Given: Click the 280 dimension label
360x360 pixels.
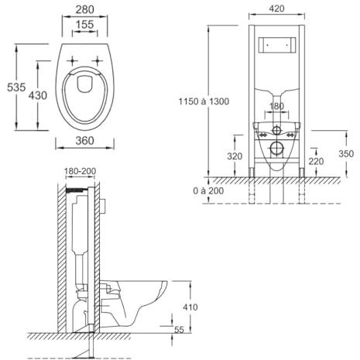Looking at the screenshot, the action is pyautogui.click(x=84, y=9).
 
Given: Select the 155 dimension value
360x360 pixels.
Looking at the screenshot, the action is pyautogui.click(x=84, y=25).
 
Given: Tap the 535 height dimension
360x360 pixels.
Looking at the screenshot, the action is pyautogui.click(x=16, y=87).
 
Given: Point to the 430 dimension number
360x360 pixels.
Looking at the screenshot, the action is pyautogui.click(x=38, y=95).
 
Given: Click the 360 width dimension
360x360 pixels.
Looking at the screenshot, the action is pyautogui.click(x=84, y=141).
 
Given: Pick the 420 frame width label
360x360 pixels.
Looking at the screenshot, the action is pyautogui.click(x=276, y=9).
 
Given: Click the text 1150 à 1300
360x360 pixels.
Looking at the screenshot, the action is pyautogui.click(x=204, y=101).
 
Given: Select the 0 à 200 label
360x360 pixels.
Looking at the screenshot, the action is pyautogui.click(x=208, y=190).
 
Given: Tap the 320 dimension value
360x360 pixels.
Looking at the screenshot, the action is pyautogui.click(x=235, y=156).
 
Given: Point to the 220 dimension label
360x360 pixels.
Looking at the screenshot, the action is pyautogui.click(x=316, y=161).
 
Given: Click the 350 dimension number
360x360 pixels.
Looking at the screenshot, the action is pyautogui.click(x=346, y=153).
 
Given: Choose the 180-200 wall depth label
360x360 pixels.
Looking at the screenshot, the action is pyautogui.click(x=80, y=171).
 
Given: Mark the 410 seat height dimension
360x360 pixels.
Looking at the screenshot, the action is pyautogui.click(x=190, y=307).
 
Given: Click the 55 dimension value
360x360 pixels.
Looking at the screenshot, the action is pyautogui.click(x=179, y=330).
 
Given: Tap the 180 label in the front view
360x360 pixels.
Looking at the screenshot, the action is pyautogui.click(x=276, y=106).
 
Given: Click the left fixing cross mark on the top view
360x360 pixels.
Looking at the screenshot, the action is pyautogui.click(x=73, y=61).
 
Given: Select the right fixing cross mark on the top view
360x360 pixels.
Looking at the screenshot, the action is pyautogui.click(x=98, y=61).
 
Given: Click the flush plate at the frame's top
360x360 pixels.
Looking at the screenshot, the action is pyautogui.click(x=277, y=45).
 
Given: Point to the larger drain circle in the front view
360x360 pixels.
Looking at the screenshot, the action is pyautogui.click(x=277, y=149).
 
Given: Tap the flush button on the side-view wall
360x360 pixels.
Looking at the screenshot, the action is pyautogui.click(x=104, y=206).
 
